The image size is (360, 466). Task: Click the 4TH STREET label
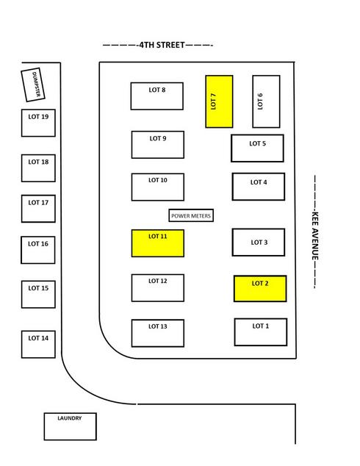point(162,45)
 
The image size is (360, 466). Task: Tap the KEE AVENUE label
point(315,235)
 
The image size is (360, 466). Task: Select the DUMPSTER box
point(33,85)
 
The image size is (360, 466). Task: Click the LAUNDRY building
point(70,426)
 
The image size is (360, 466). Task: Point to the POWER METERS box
point(191,215)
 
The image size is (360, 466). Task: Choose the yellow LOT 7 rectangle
point(219,101)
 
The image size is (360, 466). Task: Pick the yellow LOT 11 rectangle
point(158,243)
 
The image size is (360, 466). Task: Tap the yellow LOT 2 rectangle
point(260,289)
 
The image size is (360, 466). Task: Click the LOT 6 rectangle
point(266,101)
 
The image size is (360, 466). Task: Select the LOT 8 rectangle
point(156,96)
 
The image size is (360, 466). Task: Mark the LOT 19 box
point(38,123)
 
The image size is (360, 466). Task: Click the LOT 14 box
point(38,345)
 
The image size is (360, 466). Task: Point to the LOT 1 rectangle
point(261,332)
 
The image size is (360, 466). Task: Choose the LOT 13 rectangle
point(158,333)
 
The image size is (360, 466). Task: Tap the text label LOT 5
point(258,143)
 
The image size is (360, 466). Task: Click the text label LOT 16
point(38,244)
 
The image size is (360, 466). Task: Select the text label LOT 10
point(158,180)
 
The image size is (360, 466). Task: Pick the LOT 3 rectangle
point(259,243)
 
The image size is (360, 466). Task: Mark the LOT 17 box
point(38,209)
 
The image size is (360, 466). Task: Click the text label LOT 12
point(158,281)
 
